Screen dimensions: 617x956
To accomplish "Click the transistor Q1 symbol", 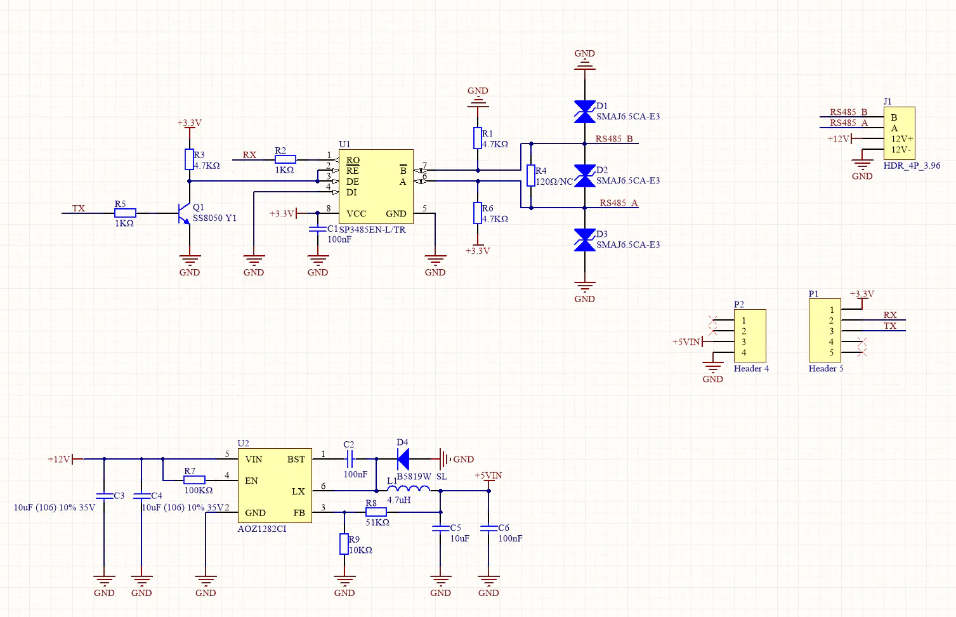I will [x=184, y=213].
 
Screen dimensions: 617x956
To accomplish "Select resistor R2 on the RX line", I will [x=285, y=159].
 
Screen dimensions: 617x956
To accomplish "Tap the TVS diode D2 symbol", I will [x=584, y=176].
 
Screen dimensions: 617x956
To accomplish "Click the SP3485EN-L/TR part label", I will [x=372, y=230].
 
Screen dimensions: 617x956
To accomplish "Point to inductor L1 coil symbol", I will [x=408, y=489].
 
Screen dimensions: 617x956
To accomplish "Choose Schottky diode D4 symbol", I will [x=403, y=458].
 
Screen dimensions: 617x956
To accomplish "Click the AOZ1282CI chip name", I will [x=262, y=529].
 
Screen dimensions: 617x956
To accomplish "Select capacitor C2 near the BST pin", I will [x=349, y=458].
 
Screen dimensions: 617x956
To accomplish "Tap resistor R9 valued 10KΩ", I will [x=344, y=544].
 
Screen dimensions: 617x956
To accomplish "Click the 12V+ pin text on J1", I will [x=901, y=138].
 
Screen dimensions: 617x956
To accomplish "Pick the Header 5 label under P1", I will [x=826, y=368].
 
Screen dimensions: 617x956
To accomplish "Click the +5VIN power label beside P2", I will [x=686, y=342].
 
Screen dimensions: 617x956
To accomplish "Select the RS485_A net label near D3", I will [x=619, y=203].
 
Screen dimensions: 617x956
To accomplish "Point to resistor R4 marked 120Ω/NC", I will [x=530, y=175].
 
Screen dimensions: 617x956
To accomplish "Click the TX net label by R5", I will [x=78, y=208].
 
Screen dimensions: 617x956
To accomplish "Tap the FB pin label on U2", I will [x=299, y=512].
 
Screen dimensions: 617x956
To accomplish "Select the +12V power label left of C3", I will [x=59, y=459].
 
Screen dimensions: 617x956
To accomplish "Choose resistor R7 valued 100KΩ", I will [x=194, y=480].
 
